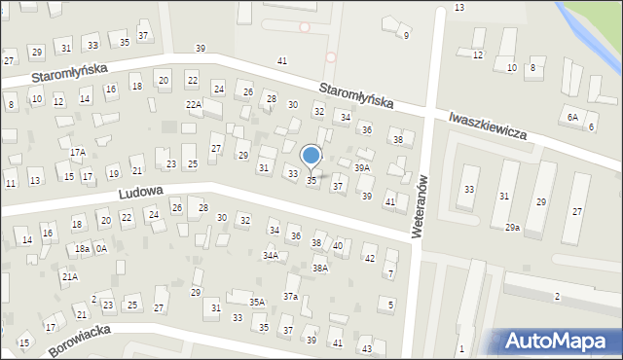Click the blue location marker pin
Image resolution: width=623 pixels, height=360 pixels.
point(311,156)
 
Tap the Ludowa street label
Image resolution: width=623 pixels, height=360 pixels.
point(140,193)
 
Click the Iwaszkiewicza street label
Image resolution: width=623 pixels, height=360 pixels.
point(488,123)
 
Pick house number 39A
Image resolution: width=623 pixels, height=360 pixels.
point(362,167)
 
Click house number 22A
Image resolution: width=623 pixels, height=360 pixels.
point(194,105)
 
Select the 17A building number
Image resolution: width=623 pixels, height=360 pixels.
point(78,153)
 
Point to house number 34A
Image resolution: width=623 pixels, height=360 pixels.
point(271,256)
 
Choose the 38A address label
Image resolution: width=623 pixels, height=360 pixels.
point(319,268)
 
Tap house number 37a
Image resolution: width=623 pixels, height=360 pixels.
point(290,296)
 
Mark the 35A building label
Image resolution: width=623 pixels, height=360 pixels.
point(257,303)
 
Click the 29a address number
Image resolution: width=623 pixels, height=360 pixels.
point(511,228)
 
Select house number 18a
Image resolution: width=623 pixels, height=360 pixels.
point(83,249)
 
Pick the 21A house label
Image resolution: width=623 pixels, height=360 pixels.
point(69,277)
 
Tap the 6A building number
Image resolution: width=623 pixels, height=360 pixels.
point(573,117)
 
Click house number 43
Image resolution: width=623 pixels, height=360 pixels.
point(366,348)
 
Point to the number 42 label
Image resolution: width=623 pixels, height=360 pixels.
point(369,259)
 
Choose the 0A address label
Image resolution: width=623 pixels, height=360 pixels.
point(101,249)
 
